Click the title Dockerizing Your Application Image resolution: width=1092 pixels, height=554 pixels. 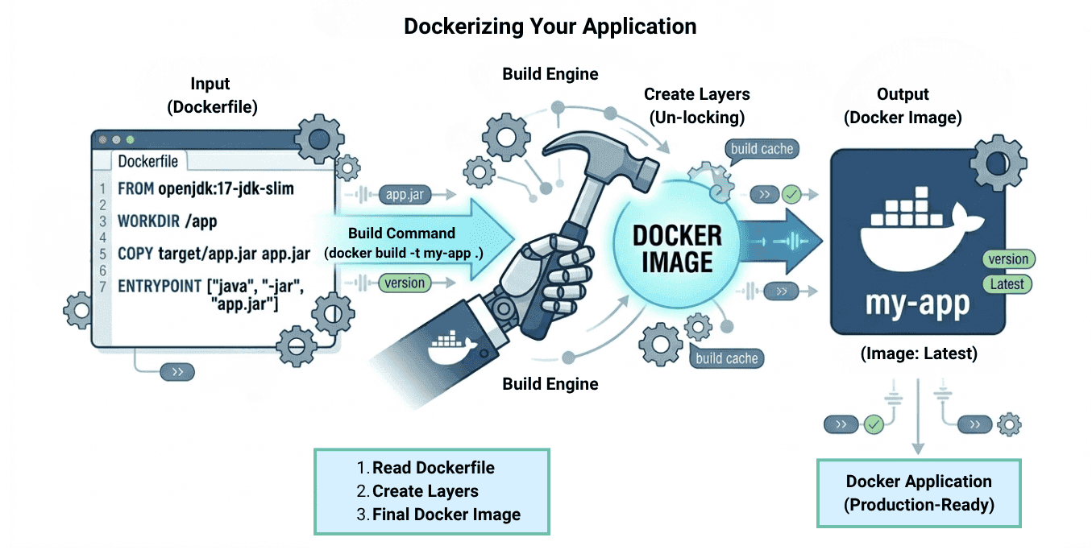tap(550, 27)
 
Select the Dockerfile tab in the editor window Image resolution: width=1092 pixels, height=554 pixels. tap(148, 161)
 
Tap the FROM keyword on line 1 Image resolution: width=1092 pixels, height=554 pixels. tap(131, 189)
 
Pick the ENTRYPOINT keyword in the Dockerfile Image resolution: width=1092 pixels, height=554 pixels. tap(160, 286)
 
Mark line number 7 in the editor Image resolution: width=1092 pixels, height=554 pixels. tap(102, 286)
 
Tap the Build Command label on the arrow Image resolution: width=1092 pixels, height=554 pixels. tap(401, 234)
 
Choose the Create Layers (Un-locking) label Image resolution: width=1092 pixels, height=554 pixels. tap(697, 105)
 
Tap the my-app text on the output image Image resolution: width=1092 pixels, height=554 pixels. tap(917, 304)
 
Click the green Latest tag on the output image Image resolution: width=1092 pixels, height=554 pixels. tap(1007, 283)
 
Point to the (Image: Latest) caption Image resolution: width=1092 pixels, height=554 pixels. tap(918, 353)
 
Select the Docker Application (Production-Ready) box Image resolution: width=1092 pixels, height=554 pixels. tap(919, 493)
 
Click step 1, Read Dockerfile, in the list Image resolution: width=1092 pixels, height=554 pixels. tap(433, 468)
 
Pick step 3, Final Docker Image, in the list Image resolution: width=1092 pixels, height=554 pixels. tap(446, 515)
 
